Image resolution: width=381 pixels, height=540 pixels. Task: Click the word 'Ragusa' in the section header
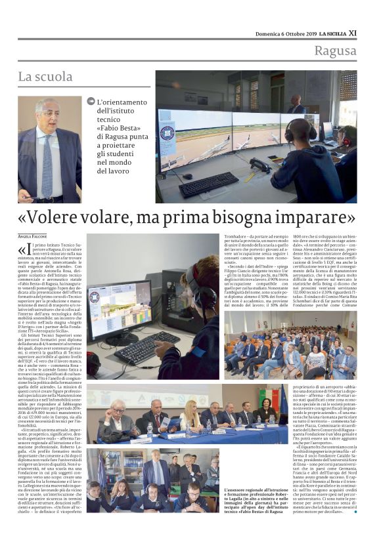[x=335, y=51]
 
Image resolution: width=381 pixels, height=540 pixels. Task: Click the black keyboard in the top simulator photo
[x=208, y=184]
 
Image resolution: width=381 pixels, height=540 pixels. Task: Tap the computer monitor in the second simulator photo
[x=120, y=309]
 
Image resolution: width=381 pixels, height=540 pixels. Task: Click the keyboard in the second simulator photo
[x=138, y=351]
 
